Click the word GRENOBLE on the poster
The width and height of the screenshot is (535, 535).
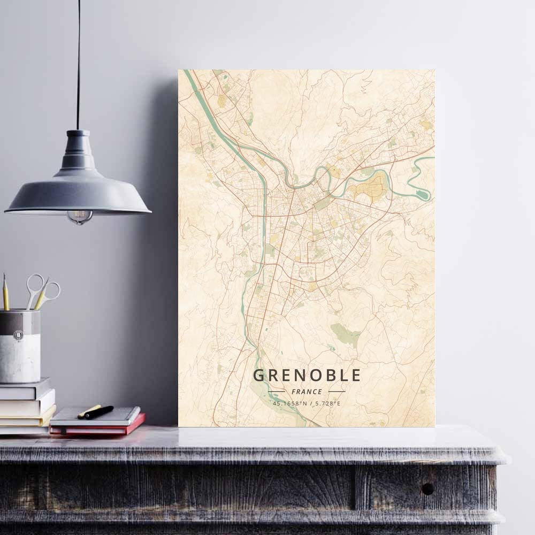[307, 375]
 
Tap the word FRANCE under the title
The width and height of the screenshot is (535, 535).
[307, 392]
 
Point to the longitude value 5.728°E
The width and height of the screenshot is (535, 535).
[327, 403]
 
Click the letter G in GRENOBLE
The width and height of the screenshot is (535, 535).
[258, 375]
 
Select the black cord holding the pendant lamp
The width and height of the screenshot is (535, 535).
[78, 64]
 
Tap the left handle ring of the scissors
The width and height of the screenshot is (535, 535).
[35, 282]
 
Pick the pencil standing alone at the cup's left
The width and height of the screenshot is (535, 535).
[6, 293]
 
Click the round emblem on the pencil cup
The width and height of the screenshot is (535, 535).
[18, 335]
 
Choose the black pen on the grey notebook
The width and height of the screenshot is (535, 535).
[99, 412]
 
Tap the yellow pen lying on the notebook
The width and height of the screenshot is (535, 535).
[89, 411]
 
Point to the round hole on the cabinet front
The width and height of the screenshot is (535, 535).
[427, 488]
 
